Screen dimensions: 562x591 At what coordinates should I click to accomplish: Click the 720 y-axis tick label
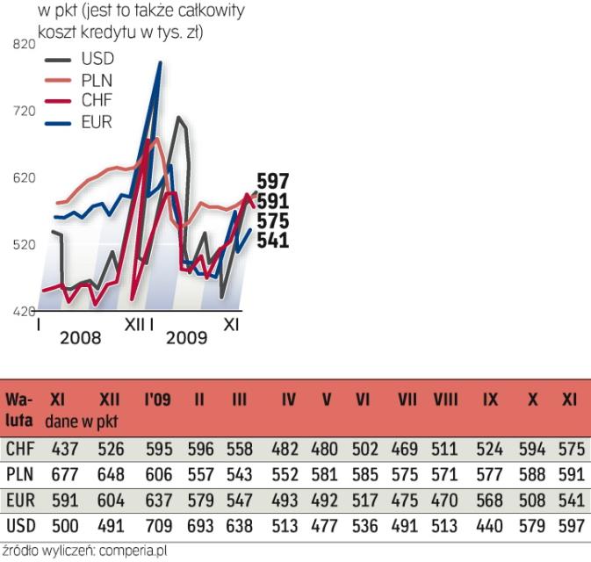pyautogui.click(x=25, y=111)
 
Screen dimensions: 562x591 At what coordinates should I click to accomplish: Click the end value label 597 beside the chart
pyautogui.click(x=272, y=182)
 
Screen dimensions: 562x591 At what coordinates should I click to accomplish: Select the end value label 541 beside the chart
pyautogui.click(x=272, y=240)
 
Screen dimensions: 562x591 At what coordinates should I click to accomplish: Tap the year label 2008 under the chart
pyautogui.click(x=80, y=338)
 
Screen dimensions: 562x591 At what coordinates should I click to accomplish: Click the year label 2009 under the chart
pyautogui.click(x=186, y=338)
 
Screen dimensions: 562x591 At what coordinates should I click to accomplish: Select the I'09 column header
pyautogui.click(x=157, y=400)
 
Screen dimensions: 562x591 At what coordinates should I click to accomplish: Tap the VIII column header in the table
pyautogui.click(x=445, y=400)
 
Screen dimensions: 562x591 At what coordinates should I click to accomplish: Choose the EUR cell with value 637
pyautogui.click(x=159, y=501)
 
